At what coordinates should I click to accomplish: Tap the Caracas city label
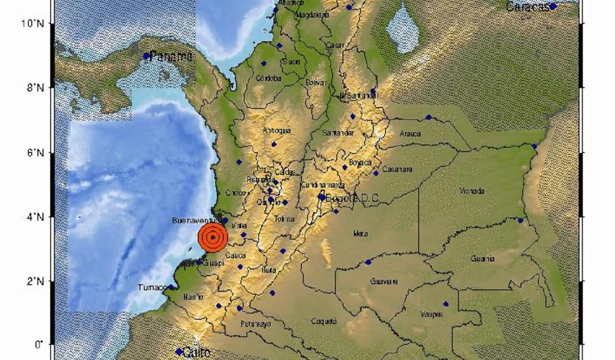click(x=527, y=7)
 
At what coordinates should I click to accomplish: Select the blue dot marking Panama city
click(x=146, y=56)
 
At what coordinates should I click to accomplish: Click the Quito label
click(x=196, y=352)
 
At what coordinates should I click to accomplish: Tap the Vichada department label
click(x=472, y=191)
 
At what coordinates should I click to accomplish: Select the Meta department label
click(x=360, y=234)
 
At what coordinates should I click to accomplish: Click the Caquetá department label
click(x=324, y=321)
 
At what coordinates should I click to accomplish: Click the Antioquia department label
click(x=277, y=130)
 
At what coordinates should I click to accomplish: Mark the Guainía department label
click(x=483, y=258)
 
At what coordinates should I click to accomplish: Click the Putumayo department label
click(x=255, y=324)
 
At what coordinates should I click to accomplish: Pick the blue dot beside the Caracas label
click(x=553, y=7)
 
